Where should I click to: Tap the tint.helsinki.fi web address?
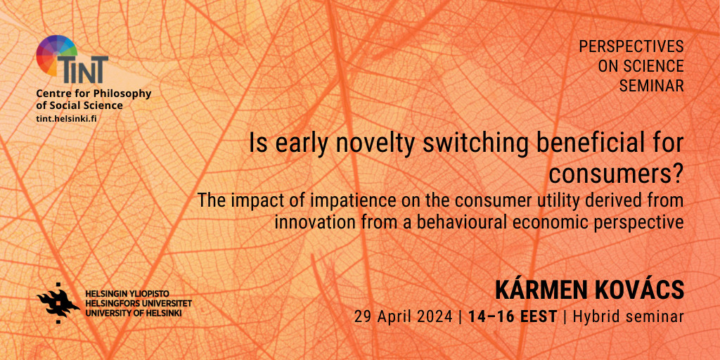tap(66, 118)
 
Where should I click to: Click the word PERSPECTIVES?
tap(631, 46)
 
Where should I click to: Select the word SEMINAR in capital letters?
tap(652, 85)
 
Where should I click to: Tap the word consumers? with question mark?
tap(617, 174)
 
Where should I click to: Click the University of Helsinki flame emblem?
tap(58, 303)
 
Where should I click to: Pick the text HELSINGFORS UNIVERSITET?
tap(139, 304)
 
